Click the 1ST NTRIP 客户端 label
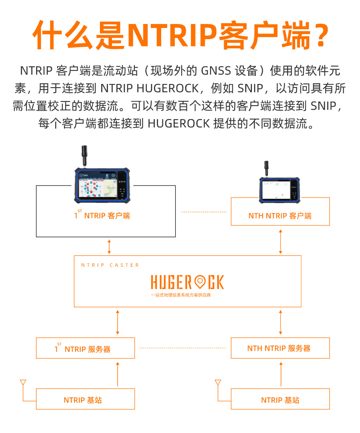tap(102, 216)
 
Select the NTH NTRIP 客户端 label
tap(280, 216)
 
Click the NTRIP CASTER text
tap(110, 265)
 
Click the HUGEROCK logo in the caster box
tap(187, 282)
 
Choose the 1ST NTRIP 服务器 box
tap(85, 348)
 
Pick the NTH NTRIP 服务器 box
tap(280, 348)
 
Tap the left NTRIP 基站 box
tap(85, 400)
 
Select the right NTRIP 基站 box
tap(280, 400)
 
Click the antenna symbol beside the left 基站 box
tap(23, 384)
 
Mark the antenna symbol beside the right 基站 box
tap(218, 384)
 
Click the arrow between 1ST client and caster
tap(109, 246)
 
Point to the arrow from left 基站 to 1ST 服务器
tap(118, 373)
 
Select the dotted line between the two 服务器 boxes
tap(183, 348)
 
